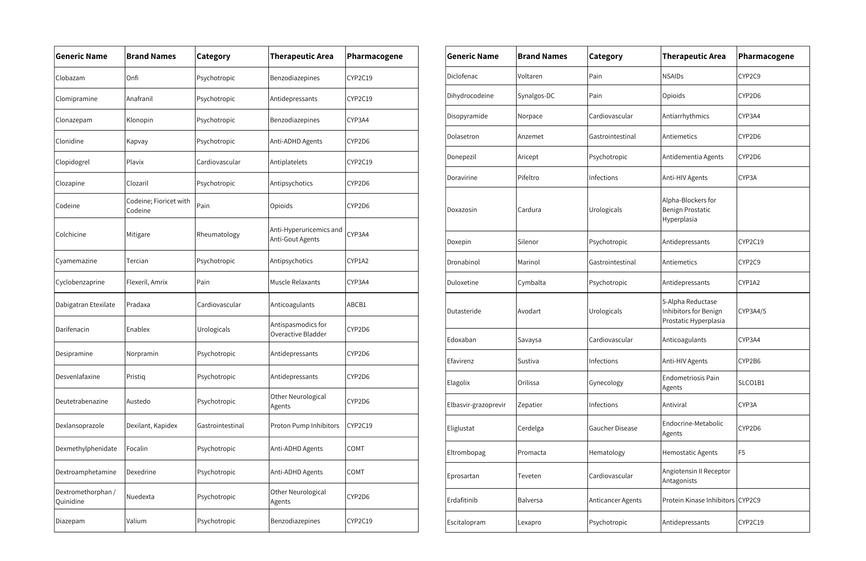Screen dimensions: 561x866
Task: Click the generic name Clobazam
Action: click(x=70, y=78)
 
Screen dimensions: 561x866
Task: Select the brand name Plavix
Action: click(x=135, y=162)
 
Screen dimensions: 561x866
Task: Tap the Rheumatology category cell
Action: click(x=218, y=235)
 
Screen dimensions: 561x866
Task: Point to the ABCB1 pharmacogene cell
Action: click(x=356, y=305)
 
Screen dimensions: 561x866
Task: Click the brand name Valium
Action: click(x=136, y=521)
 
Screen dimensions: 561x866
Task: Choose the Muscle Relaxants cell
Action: click(x=295, y=282)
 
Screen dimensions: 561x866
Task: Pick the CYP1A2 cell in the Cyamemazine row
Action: click(x=358, y=261)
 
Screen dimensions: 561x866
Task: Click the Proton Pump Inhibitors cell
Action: click(x=304, y=426)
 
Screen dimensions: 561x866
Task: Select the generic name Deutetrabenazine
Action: click(x=82, y=401)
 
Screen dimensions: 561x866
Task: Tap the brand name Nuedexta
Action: click(x=140, y=497)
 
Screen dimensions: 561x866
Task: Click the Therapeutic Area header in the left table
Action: click(x=301, y=56)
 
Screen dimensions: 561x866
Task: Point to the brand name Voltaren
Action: click(x=530, y=76)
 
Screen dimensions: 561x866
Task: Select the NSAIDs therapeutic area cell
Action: click(x=673, y=76)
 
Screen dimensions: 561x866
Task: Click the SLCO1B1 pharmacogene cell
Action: click(x=751, y=383)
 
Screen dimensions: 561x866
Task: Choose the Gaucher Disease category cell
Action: click(x=613, y=428)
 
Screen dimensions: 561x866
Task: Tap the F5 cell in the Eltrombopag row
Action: click(x=742, y=453)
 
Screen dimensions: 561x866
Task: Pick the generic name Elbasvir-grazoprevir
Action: click(x=476, y=405)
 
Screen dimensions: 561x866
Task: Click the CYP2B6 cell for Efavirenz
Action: click(x=749, y=361)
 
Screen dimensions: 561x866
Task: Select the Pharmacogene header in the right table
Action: click(x=766, y=56)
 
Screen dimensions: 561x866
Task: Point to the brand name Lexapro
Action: click(x=529, y=522)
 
